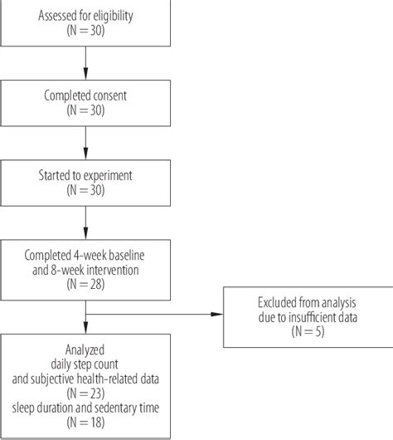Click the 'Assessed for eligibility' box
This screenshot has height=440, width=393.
[85, 22]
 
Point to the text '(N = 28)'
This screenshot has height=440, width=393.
[85, 284]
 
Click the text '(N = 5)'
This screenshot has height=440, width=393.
[303, 330]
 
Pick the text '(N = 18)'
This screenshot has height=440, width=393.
[85, 423]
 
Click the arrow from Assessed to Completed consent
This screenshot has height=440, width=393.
[85, 63]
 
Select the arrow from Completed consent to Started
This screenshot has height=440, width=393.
[85, 144]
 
